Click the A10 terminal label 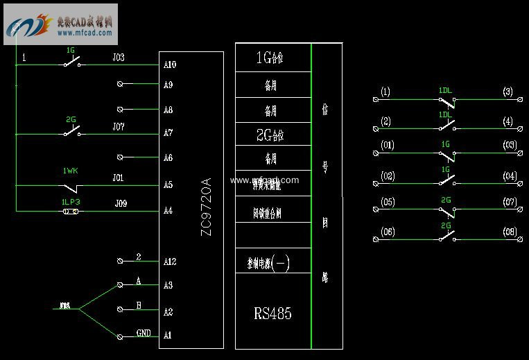pyautogui.click(x=170, y=65)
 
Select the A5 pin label pyautogui.click(x=168, y=185)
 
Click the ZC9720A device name pyautogui.click(x=206, y=207)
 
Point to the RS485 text pyautogui.click(x=272, y=314)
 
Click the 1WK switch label pyautogui.click(x=70, y=171)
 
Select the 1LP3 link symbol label pyautogui.click(x=71, y=201)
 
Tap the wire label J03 pyautogui.click(x=119, y=58)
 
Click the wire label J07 pyautogui.click(x=119, y=127)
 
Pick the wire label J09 pyautogui.click(x=121, y=204)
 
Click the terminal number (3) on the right pyautogui.click(x=508, y=92)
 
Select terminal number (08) pyautogui.click(x=510, y=231)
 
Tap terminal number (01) pyautogui.click(x=388, y=146)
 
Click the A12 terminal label pyautogui.click(x=170, y=262)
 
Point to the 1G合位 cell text pyautogui.click(x=270, y=58)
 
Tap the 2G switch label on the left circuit pyautogui.click(x=71, y=119)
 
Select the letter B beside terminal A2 pyautogui.click(x=139, y=306)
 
